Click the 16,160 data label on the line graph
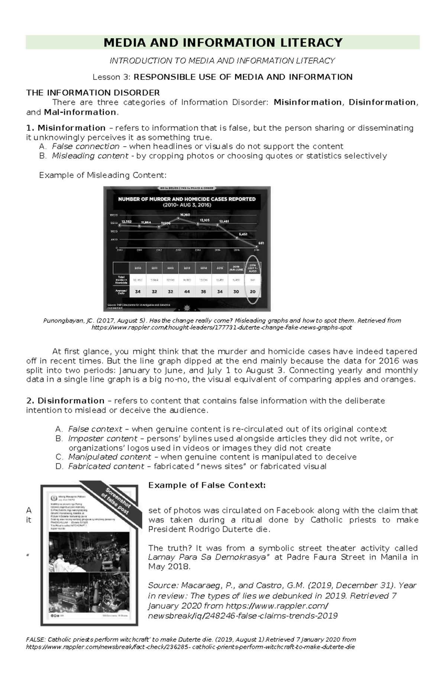click(185, 214)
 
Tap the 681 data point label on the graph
click(261, 243)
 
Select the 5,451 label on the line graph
click(243, 234)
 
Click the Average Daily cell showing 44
click(187, 292)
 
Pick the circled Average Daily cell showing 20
click(253, 292)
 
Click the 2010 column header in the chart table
click(138, 268)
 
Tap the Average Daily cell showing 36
click(203, 292)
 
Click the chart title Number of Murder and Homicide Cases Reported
click(187, 199)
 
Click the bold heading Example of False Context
click(207, 485)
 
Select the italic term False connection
click(85, 146)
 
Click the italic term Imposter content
click(103, 439)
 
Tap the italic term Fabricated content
click(106, 466)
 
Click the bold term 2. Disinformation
click(65, 401)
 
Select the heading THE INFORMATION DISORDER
click(93, 93)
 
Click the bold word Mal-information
click(80, 112)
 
